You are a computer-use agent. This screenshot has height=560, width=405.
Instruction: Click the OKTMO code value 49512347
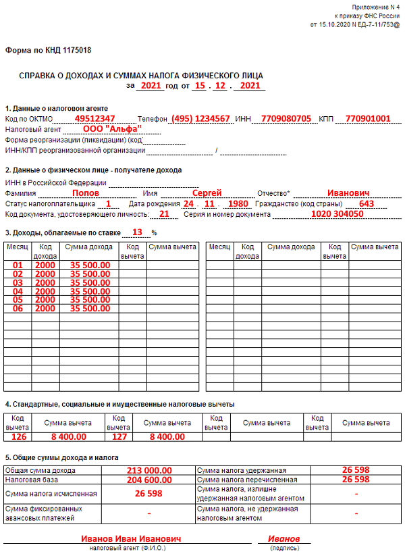click(x=94, y=118)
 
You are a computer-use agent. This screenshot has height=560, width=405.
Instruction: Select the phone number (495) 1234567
click(x=200, y=118)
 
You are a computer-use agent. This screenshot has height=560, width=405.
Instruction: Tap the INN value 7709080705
click(x=286, y=118)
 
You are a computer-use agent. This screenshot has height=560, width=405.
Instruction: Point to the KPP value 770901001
click(x=367, y=118)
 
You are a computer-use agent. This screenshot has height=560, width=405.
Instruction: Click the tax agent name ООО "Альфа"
click(x=112, y=128)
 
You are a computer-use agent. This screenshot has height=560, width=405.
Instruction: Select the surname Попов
click(x=86, y=193)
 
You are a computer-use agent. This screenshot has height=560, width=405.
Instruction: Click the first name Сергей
click(x=207, y=193)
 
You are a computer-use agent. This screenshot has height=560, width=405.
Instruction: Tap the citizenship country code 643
click(x=367, y=203)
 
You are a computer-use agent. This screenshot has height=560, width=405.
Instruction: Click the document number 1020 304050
click(x=337, y=214)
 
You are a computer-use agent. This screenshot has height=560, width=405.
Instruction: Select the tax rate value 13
click(x=138, y=232)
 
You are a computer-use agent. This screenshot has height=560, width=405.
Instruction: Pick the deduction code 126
click(x=18, y=436)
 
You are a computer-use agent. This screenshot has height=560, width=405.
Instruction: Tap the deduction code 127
click(x=119, y=436)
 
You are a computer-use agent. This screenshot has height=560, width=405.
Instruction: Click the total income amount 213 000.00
click(x=149, y=470)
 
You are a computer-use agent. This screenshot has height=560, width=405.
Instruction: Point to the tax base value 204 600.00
click(x=149, y=480)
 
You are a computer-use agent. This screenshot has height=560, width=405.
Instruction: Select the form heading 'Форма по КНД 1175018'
click(x=49, y=51)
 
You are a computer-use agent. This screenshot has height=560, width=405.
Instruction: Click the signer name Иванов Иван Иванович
click(x=132, y=539)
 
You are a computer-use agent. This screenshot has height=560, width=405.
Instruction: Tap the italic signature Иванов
click(x=284, y=539)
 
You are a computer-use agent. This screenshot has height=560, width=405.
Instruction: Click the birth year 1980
click(x=238, y=203)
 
